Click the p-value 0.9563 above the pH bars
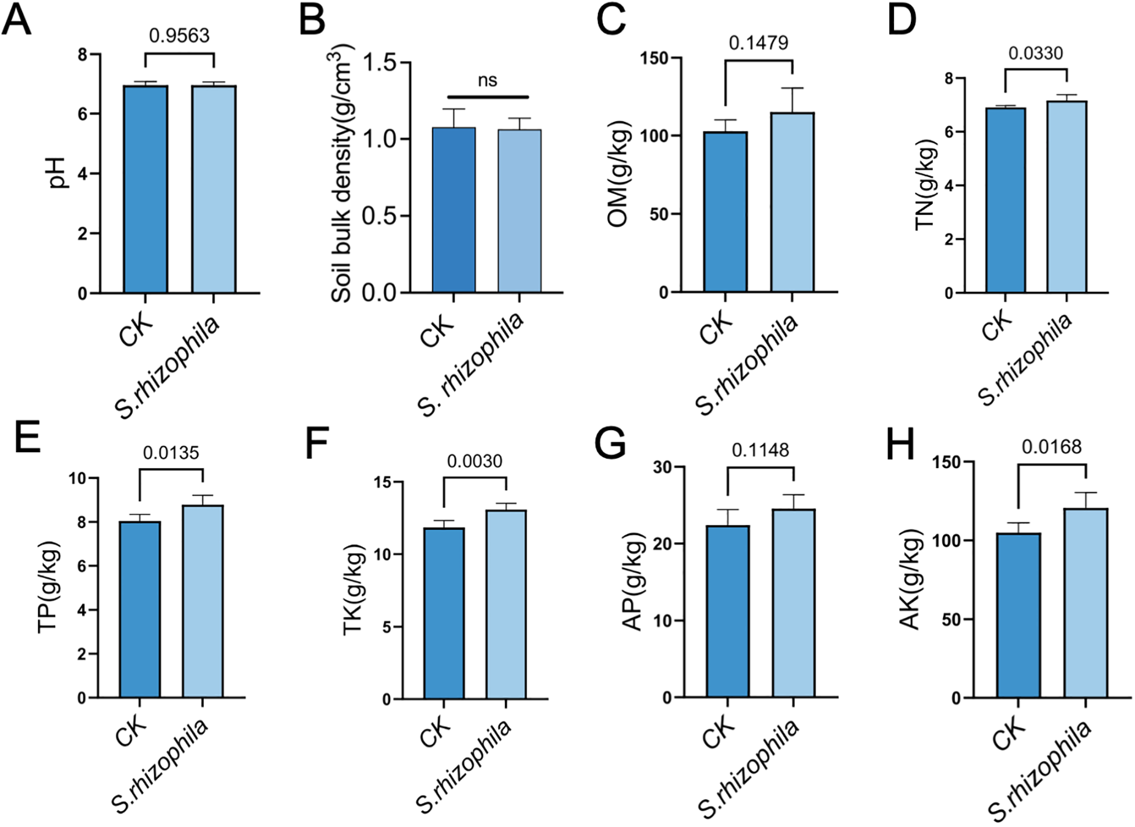(x=179, y=36)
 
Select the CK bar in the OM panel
(x=725, y=212)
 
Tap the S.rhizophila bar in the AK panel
(x=1086, y=603)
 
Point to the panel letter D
(x=902, y=20)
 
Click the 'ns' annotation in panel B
(x=487, y=80)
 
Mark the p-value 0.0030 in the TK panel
(x=475, y=461)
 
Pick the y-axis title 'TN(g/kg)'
(x=925, y=187)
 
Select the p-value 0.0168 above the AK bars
(x=1052, y=446)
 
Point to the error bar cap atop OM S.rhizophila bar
(x=792, y=88)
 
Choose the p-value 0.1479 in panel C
(x=759, y=43)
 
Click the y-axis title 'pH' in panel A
(x=59, y=173)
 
